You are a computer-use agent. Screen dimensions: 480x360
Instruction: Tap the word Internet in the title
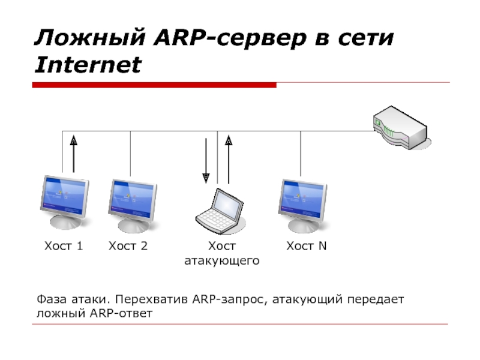88,65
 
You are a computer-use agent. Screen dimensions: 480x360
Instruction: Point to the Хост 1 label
64,246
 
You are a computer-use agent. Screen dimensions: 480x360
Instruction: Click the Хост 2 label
128,246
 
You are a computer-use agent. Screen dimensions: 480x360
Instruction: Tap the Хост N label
307,246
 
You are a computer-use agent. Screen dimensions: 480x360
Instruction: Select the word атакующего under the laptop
221,261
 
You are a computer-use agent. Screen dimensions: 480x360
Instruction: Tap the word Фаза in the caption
51,299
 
